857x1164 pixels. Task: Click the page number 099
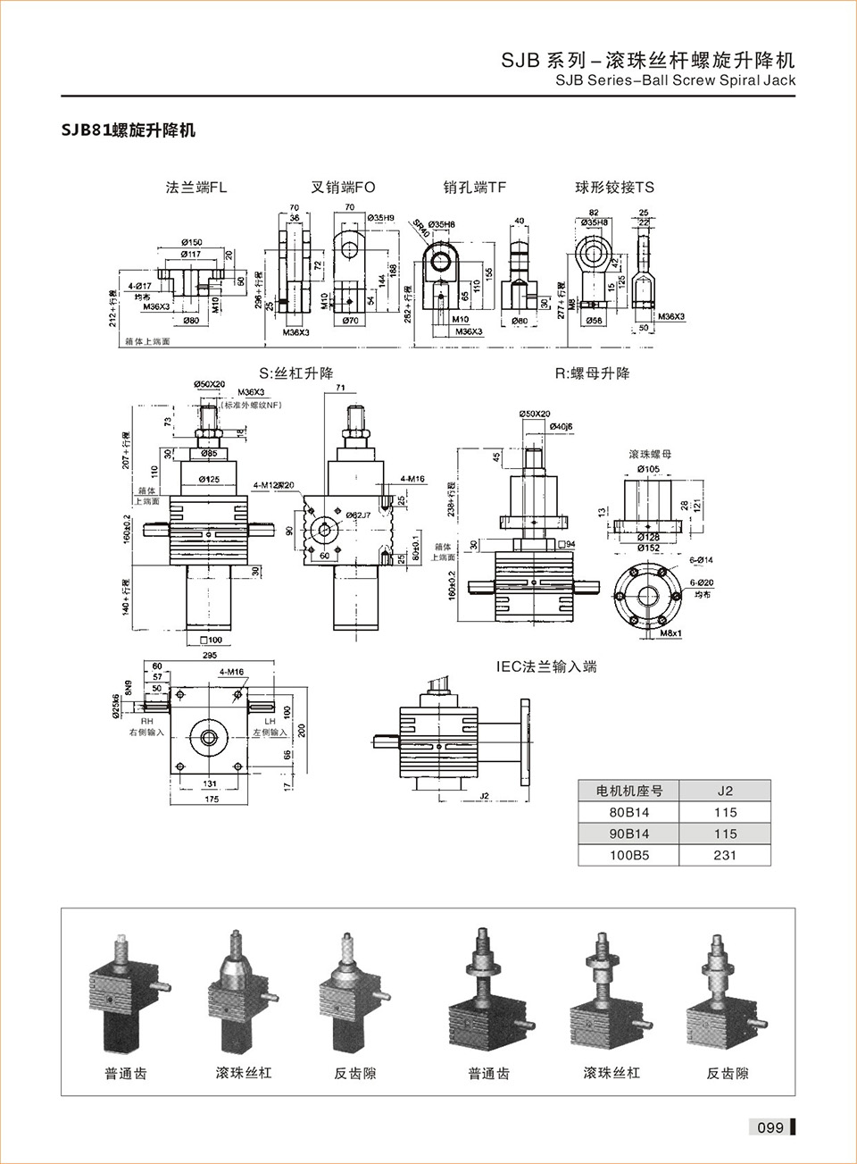[x=770, y=1127]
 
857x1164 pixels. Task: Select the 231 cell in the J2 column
[x=725, y=855]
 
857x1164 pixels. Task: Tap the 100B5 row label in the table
[x=628, y=855]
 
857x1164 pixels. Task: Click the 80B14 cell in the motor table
[x=628, y=812]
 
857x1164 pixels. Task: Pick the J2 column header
[x=725, y=791]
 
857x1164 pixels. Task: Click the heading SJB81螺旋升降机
[x=128, y=130]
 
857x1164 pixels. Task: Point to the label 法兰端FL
[x=196, y=188]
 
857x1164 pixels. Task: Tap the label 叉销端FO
[x=343, y=188]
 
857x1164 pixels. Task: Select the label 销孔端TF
[x=475, y=188]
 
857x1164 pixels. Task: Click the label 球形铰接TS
[x=614, y=188]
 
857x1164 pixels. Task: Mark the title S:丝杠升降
[x=295, y=373]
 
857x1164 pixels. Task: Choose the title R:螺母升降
[x=592, y=373]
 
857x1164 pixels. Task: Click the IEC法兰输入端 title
[x=546, y=666]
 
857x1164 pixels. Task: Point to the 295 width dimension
[x=211, y=656]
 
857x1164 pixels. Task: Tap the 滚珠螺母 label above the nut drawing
[x=650, y=455]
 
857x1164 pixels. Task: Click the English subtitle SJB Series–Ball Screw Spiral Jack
[x=675, y=80]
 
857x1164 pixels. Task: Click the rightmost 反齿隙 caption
[x=728, y=1073]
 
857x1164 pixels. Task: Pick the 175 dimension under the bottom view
[x=211, y=800]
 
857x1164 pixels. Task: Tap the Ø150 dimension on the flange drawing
[x=191, y=242]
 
